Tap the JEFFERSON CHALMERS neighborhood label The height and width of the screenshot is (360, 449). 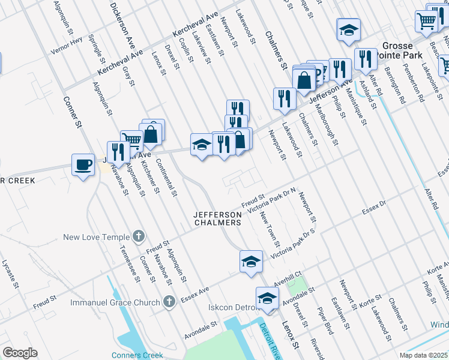[217, 218]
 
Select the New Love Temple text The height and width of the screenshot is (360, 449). [97, 238]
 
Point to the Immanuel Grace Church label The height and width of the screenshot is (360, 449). [115, 302]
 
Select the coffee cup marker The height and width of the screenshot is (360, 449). [83, 164]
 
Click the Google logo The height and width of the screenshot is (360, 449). [20, 353]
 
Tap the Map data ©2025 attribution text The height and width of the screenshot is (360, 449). [423, 355]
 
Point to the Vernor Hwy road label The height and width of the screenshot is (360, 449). [66, 46]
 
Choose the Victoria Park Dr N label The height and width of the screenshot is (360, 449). [273, 200]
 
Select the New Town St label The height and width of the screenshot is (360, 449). [270, 229]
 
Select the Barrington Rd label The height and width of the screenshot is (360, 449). [398, 87]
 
